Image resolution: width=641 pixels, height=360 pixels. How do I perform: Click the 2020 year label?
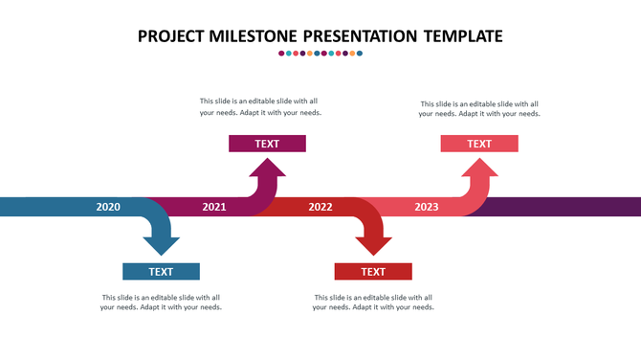(x=108, y=207)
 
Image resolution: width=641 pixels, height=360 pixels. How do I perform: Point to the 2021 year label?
(x=214, y=207)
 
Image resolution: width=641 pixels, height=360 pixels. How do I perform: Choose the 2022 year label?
(x=320, y=207)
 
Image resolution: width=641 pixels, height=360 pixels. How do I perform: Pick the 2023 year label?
(x=427, y=207)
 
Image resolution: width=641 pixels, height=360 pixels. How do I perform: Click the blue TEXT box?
(x=161, y=272)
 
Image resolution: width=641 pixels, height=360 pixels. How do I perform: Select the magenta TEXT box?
(x=267, y=144)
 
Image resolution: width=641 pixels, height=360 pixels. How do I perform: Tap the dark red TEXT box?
(x=373, y=272)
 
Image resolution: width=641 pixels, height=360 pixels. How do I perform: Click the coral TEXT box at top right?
(x=479, y=144)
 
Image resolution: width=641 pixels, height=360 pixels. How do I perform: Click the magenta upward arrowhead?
(x=267, y=169)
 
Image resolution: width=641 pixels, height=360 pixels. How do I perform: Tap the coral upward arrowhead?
(x=479, y=169)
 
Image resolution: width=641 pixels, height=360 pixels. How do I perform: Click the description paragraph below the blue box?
(x=161, y=303)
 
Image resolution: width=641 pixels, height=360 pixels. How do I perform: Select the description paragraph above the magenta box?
(x=260, y=106)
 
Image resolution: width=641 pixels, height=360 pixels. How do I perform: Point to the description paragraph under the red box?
(x=373, y=303)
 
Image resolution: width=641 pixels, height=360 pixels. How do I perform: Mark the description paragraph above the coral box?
(x=479, y=108)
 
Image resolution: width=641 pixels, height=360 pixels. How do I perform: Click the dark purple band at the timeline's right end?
(x=574, y=207)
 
